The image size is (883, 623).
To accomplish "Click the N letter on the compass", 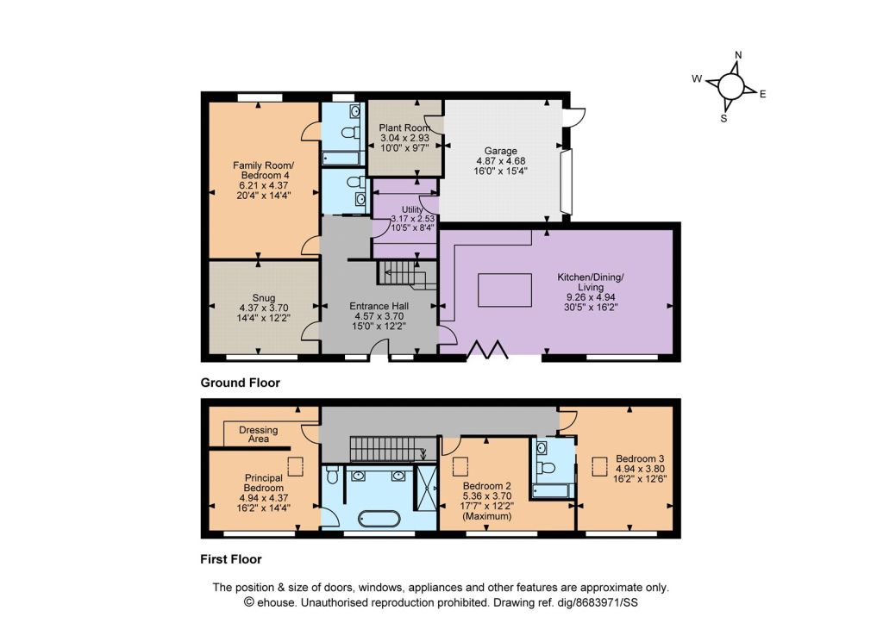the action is click(x=739, y=54).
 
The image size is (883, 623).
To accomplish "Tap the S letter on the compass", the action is click(x=723, y=118).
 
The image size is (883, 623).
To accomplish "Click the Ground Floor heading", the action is click(x=241, y=383).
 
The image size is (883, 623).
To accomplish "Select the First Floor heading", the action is click(x=231, y=559).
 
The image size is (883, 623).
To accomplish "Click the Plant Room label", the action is click(x=404, y=128).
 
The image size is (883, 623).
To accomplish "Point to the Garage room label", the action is click(x=501, y=151).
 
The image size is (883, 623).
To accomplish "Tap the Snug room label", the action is click(x=264, y=298).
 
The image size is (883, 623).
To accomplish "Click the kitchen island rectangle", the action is click(x=505, y=290).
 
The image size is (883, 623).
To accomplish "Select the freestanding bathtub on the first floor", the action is click(x=380, y=518).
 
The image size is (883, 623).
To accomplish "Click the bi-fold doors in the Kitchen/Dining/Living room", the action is click(x=488, y=349).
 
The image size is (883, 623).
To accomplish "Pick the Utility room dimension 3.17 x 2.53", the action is click(x=413, y=218).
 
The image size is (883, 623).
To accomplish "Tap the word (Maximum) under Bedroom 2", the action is click(x=487, y=516).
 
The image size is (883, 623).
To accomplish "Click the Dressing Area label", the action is click(x=259, y=434).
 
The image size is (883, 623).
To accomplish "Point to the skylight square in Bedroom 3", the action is click(x=599, y=467).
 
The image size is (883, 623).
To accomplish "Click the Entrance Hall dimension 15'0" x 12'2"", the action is click(x=379, y=326).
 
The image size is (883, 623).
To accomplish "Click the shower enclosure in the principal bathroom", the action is click(x=425, y=488).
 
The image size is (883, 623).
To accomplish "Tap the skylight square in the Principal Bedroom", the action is click(x=296, y=467).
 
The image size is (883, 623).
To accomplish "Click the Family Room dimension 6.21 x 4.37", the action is click(x=264, y=185).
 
